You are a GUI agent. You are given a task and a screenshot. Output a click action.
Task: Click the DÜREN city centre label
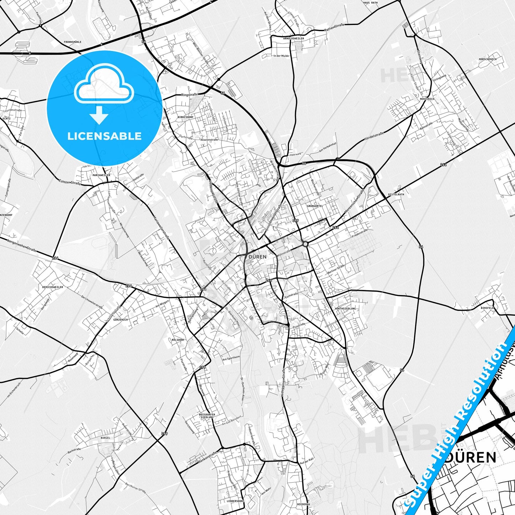point(257,257)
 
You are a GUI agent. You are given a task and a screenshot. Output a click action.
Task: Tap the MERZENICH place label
point(427,99)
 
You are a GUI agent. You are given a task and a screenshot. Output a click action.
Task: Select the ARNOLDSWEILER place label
point(294,38)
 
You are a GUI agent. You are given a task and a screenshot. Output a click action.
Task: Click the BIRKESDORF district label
point(185,117)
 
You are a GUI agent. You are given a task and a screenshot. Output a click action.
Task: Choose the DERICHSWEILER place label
point(52,287)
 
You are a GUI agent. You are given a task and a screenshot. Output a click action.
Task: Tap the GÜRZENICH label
point(120,320)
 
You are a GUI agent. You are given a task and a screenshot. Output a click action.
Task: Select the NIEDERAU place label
point(303,504)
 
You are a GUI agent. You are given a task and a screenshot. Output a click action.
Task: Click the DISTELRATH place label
point(396,195)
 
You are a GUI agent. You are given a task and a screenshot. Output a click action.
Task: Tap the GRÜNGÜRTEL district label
point(314,206)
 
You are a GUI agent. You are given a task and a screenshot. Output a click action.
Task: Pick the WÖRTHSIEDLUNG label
point(345,309)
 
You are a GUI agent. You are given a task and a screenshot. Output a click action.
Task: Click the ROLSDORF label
point(178,340)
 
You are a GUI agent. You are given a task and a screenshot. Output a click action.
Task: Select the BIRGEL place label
point(105,438)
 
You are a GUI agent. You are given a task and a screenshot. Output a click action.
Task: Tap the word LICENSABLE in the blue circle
point(104,136)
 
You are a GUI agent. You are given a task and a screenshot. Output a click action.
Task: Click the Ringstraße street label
point(189,95)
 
